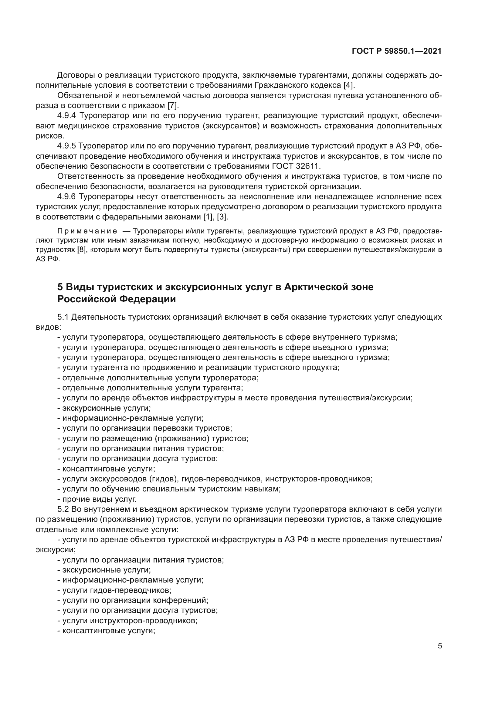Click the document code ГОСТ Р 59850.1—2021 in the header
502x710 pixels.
click(397, 51)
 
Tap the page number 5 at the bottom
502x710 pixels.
click(439, 646)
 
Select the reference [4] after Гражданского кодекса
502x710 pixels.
click(349, 85)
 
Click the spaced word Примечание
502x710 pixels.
click(87, 231)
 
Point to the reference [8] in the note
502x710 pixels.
click(81, 250)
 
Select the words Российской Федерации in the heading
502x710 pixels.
click(117, 299)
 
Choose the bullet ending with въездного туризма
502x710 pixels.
click(222, 348)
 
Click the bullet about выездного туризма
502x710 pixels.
click(223, 358)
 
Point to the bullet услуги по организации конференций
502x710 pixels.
click(133, 600)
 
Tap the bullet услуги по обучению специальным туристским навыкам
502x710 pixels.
click(169, 489)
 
